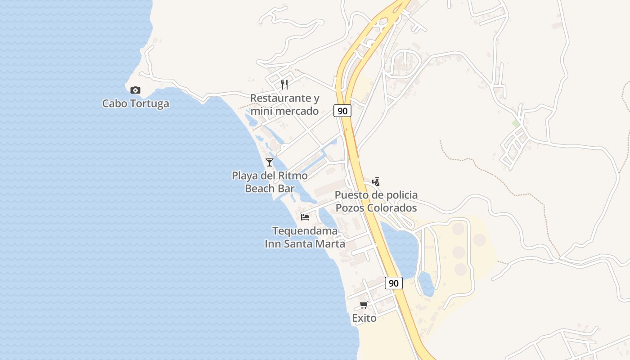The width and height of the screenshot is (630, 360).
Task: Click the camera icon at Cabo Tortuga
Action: click(135, 90)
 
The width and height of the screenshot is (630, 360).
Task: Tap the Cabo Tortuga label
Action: click(135, 103)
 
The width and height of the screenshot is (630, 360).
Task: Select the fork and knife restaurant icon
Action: click(284, 84)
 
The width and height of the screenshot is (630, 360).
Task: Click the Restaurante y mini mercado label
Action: click(284, 104)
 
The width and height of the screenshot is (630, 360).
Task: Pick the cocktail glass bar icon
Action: click(270, 162)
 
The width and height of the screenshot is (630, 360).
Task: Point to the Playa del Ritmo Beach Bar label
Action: click(270, 182)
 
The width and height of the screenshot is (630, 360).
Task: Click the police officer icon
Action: click(376, 182)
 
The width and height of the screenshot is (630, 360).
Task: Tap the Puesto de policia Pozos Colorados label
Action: click(376, 202)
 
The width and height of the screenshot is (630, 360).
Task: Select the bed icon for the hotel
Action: click(305, 217)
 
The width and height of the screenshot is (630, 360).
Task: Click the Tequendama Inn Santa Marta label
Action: click(305, 237)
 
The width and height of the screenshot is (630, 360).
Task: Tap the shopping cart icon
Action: click(364, 305)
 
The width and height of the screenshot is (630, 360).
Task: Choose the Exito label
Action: click(364, 318)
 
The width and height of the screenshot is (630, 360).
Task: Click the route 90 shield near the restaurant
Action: click(342, 110)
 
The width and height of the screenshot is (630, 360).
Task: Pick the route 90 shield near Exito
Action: click(393, 283)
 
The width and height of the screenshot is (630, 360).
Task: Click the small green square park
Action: click(516, 123)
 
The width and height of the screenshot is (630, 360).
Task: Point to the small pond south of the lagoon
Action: click(426, 283)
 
